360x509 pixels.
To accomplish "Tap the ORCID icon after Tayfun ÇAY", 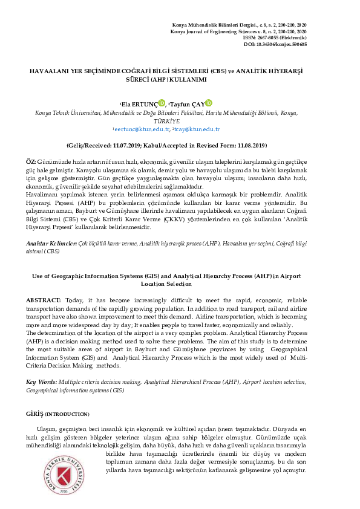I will (x=209, y=103).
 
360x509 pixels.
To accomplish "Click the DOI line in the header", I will (x=275, y=44).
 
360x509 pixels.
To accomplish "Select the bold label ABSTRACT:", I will (x=44, y=300).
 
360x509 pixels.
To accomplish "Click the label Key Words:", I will (x=41, y=383).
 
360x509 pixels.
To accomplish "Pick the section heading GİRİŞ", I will (x=34, y=413).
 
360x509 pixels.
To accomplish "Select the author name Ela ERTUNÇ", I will (x=139, y=104).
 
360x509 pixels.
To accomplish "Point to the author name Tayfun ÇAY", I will (x=188, y=104).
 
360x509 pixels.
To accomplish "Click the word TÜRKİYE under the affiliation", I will (x=180, y=121).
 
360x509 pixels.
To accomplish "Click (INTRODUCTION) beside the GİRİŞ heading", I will (x=67, y=414).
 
